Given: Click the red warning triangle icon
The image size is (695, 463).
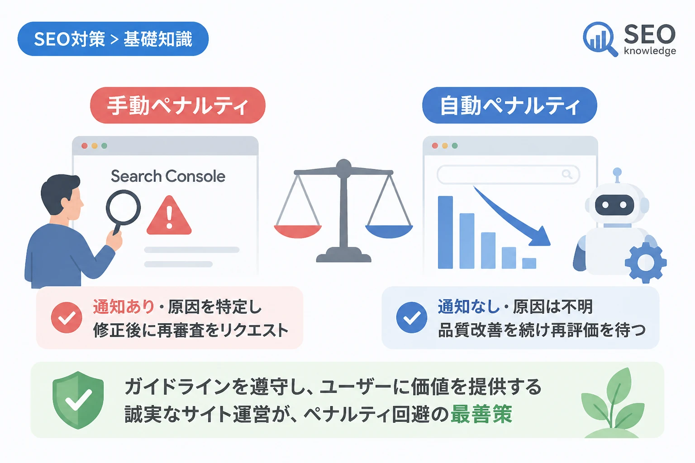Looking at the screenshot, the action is pyautogui.click(x=169, y=216).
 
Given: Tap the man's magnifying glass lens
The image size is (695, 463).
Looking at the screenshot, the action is pyautogui.click(x=123, y=207).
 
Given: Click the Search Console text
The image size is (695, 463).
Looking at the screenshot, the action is pyautogui.click(x=168, y=176).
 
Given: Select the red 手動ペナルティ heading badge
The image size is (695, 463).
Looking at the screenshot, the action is pyautogui.click(x=178, y=105).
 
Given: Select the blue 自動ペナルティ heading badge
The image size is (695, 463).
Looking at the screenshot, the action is pyautogui.click(x=510, y=105).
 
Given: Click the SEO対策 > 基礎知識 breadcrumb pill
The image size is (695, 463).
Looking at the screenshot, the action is pyautogui.click(x=113, y=39).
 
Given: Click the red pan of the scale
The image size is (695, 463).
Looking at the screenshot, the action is pyautogui.click(x=298, y=231).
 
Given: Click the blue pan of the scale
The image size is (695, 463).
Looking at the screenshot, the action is pyautogui.click(x=389, y=231).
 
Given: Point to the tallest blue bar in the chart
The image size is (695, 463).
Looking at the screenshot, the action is pyautogui.click(x=445, y=232).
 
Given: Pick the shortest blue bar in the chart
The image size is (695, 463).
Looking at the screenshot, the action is pyautogui.click(x=529, y=263).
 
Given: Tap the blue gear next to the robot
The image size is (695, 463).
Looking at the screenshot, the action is pyautogui.click(x=646, y=263).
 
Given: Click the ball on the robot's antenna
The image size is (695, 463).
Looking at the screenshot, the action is pyautogui.click(x=618, y=171).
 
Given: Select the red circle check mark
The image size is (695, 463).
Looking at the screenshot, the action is pyautogui.click(x=67, y=317).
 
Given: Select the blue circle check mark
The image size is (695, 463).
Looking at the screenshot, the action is pyautogui.click(x=412, y=317).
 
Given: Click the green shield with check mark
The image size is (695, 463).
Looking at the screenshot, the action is pyautogui.click(x=78, y=400).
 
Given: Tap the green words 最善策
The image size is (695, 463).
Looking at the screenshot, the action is pyautogui.click(x=481, y=414).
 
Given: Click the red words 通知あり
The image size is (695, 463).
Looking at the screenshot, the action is pyautogui.click(x=124, y=307).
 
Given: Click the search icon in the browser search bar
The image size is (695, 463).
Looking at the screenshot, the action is pyautogui.click(x=567, y=174).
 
